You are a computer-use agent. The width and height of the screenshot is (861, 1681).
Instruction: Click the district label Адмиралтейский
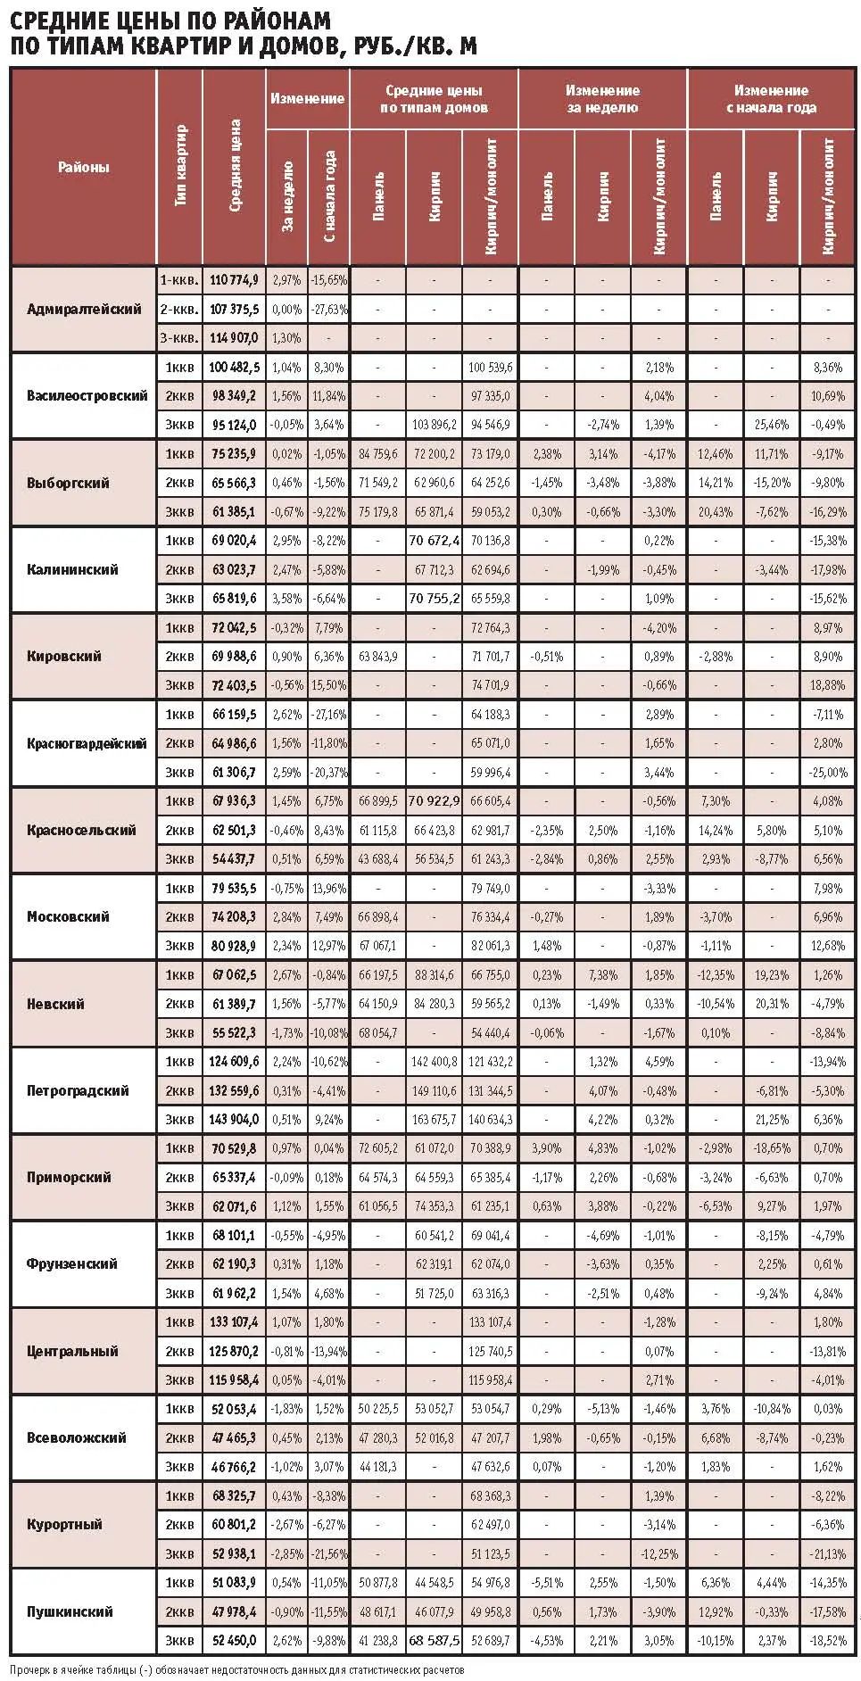[x=84, y=310]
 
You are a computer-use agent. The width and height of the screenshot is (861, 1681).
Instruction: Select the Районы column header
[x=84, y=167]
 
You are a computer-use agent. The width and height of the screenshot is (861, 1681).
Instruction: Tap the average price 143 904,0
[x=235, y=1120]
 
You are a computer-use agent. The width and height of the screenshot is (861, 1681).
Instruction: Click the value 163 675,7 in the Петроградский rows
[x=435, y=1120]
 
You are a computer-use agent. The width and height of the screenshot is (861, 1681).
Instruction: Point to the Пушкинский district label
[x=70, y=1611]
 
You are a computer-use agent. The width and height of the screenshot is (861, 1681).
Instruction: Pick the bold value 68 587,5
[x=435, y=1640]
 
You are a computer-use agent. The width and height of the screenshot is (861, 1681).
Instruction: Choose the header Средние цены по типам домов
[x=434, y=99]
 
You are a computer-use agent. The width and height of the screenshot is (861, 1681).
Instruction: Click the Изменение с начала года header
[x=771, y=99]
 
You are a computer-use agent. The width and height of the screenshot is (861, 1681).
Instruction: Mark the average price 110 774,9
[x=235, y=280]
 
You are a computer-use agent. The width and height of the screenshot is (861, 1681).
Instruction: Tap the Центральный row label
[x=72, y=1351]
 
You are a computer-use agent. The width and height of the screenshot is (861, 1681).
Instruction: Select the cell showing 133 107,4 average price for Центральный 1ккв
[x=235, y=1322]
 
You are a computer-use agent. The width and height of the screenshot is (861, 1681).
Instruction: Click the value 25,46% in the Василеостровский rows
[x=771, y=425]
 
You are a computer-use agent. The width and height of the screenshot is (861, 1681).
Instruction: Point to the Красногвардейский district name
[x=87, y=743]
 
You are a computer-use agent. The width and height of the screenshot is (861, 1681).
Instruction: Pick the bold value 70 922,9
[x=435, y=801]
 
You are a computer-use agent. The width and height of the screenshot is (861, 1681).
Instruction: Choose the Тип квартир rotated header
[x=180, y=167]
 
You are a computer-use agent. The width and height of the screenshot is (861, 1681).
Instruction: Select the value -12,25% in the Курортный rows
[x=659, y=1553]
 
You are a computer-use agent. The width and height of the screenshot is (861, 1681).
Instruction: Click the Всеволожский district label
[x=77, y=1437]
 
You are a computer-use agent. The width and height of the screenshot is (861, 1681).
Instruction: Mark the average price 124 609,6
[x=235, y=1062]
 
